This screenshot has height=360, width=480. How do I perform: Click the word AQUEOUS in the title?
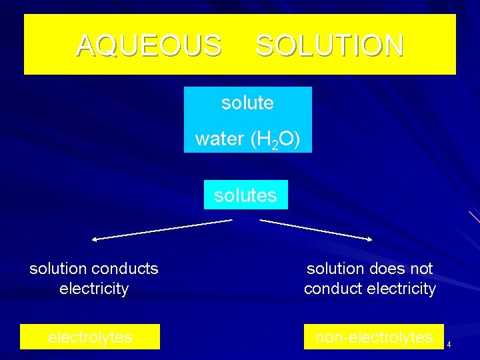pyautogui.click(x=149, y=45)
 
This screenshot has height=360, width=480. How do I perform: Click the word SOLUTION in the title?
pyautogui.click(x=329, y=45)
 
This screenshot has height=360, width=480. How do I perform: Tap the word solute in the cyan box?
pyautogui.click(x=247, y=103)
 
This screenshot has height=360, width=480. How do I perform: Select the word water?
pyautogui.click(x=211, y=139)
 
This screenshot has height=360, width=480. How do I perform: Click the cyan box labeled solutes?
pyautogui.click(x=245, y=195)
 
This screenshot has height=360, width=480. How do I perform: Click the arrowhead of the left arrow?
pyautogui.click(x=95, y=238)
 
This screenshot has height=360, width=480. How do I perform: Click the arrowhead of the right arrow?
pyautogui.click(x=369, y=238)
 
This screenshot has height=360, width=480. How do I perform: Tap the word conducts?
pyautogui.click(x=125, y=269)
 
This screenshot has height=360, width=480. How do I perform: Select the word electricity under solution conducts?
pyautogui.click(x=94, y=289)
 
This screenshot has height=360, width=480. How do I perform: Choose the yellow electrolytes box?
pyautogui.click(x=90, y=337)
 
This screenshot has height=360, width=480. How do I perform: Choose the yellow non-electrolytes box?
pyautogui.click(x=373, y=337)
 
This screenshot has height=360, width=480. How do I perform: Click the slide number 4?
pyautogui.click(x=449, y=344)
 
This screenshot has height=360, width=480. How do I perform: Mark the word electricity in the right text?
pyautogui.click(x=401, y=289)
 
